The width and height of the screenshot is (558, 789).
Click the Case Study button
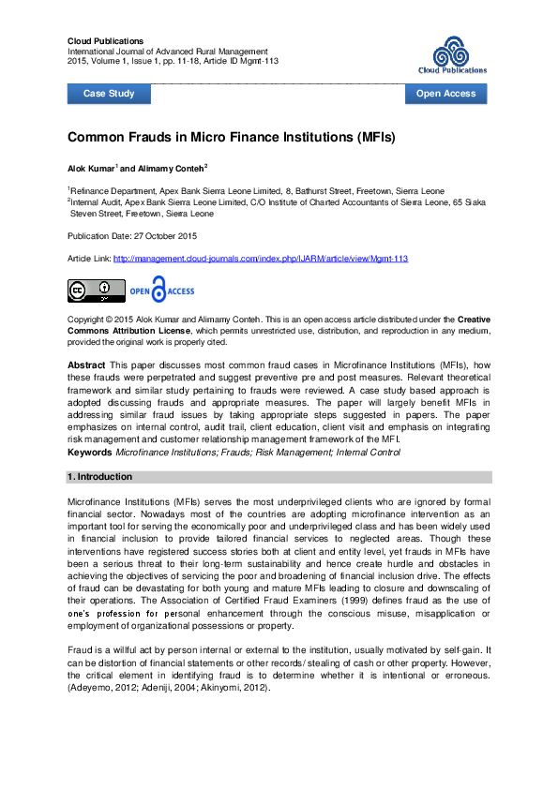109,94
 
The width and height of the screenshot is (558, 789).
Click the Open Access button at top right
445,94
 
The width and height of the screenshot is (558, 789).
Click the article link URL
261,258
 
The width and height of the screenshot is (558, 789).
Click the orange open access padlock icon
159,290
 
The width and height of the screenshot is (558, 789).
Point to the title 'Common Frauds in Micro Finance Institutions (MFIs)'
232,137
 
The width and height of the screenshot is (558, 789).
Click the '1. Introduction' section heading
99,477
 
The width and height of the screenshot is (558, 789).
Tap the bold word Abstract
86,363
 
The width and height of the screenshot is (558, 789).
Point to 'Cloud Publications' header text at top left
105,41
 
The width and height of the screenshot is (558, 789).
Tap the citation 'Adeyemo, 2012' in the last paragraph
98,688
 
